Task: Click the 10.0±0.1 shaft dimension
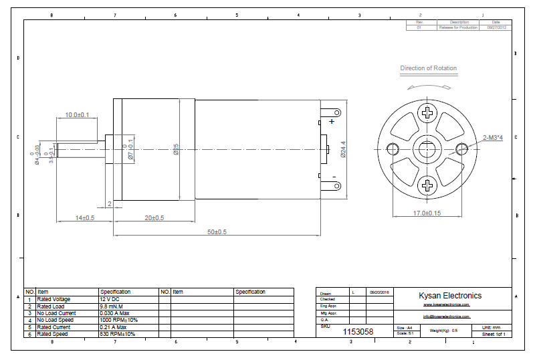pyautogui.click(x=77, y=116)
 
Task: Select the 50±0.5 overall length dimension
pyautogui.click(x=217, y=232)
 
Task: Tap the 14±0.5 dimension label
pyautogui.click(x=85, y=218)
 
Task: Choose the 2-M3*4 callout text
pyautogui.click(x=494, y=137)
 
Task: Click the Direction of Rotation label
pyautogui.click(x=429, y=68)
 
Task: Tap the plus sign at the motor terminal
pyautogui.click(x=332, y=122)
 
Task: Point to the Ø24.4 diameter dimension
pyautogui.click(x=343, y=149)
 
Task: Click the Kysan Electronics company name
pyautogui.click(x=449, y=296)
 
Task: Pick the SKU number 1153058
pyautogui.click(x=358, y=331)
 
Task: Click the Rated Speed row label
pyautogui.click(x=53, y=334)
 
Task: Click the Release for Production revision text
pyautogui.click(x=458, y=28)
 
